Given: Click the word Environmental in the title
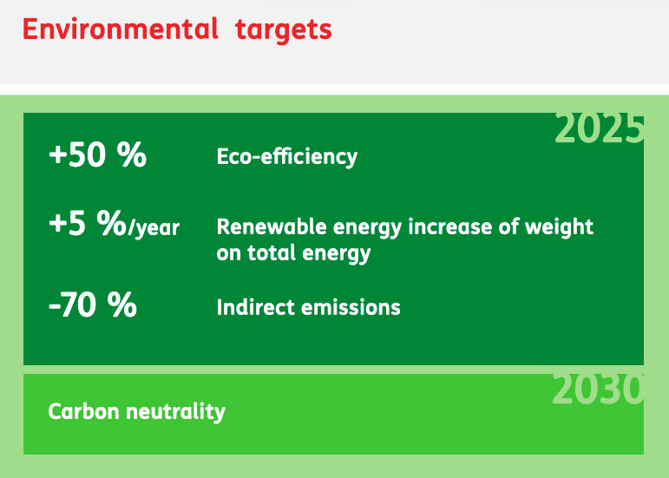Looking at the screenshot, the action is (121, 29).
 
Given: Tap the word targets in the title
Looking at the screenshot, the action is (283, 30).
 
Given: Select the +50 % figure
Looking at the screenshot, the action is (98, 154).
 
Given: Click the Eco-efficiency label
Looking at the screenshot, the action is (286, 157).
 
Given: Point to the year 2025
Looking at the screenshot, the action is (599, 128).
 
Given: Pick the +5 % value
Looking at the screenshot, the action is (88, 223).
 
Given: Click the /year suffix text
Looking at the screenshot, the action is (154, 228).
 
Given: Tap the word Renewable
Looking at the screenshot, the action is (272, 226).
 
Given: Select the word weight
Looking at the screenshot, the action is (559, 227).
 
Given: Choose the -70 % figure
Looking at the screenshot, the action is (93, 304).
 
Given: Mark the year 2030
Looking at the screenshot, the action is (597, 390).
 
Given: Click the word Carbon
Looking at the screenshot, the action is (83, 411).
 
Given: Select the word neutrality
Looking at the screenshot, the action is (176, 412).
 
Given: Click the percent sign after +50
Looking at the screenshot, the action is (132, 154).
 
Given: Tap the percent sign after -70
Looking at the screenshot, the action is (122, 304).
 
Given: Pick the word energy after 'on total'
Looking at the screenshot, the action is (336, 253).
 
